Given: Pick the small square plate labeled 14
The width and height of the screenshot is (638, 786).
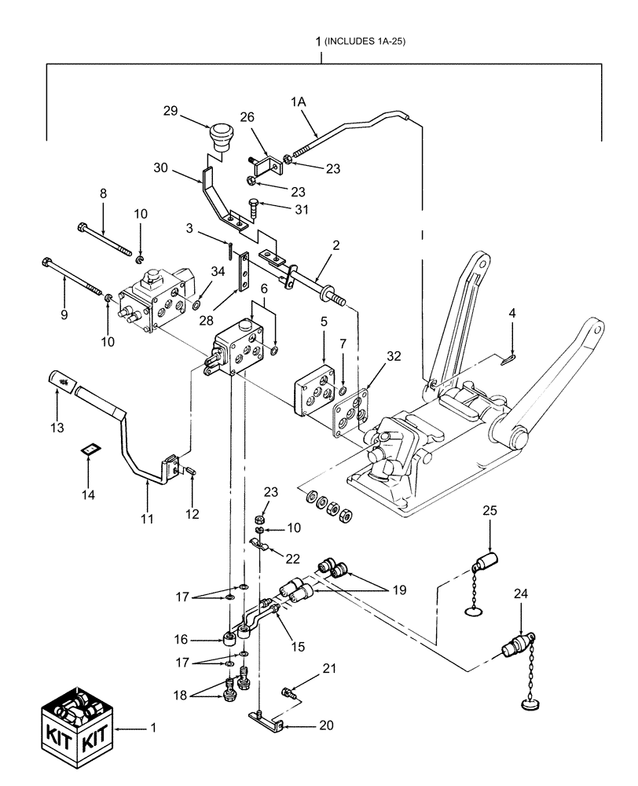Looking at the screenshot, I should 90,450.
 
